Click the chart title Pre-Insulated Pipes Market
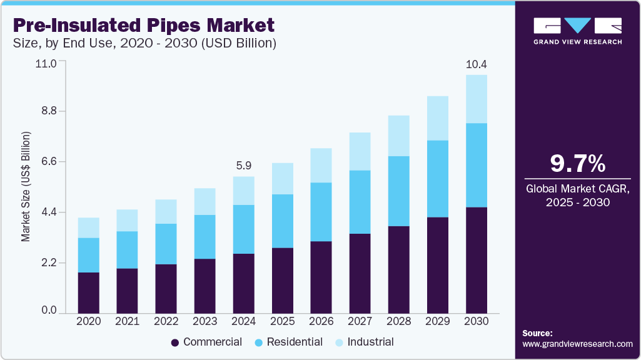pyautogui.click(x=143, y=25)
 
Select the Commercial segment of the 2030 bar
pyautogui.click(x=477, y=259)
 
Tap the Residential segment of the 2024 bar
pyautogui.click(x=244, y=229)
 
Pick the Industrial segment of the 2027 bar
pyautogui.click(x=360, y=151)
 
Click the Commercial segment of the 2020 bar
pyautogui.click(x=89, y=292)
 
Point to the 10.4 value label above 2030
pyautogui.click(x=477, y=64)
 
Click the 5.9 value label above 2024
pyautogui.click(x=244, y=166)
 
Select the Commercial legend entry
pyautogui.click(x=206, y=342)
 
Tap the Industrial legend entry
pyautogui.click(x=365, y=342)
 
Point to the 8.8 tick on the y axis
pyautogui.click(x=48, y=111)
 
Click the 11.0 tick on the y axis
pyautogui.click(x=46, y=63)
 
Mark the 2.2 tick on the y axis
pyautogui.click(x=48, y=262)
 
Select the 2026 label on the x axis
pyautogui.click(x=321, y=321)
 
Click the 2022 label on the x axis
pyautogui.click(x=166, y=321)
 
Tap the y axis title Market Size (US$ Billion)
pyautogui.click(x=26, y=187)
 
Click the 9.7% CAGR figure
pyautogui.click(x=577, y=164)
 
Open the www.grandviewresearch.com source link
pyautogui.click(x=577, y=344)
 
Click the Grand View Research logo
pyautogui.click(x=577, y=31)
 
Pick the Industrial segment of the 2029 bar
pyautogui.click(x=438, y=118)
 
